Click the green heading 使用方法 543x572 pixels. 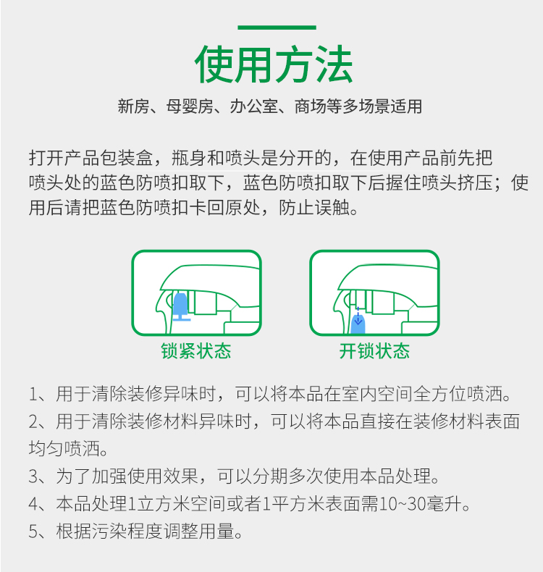(274, 64)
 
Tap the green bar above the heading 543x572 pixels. (277, 28)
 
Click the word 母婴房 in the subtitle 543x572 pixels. (190, 106)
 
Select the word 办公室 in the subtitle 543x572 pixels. (253, 106)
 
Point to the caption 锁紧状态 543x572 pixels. (196, 351)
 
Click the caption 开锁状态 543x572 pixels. (374, 351)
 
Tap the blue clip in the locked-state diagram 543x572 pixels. (181, 307)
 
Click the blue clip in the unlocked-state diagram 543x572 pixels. (358, 324)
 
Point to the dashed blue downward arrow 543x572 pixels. (358, 316)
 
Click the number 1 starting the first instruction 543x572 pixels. (33, 395)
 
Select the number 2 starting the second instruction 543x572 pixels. (33, 421)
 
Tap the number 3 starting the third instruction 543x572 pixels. (33, 476)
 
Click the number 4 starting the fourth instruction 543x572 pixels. (33, 504)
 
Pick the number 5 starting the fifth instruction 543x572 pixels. (33, 531)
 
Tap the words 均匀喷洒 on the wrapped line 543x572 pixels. (64, 449)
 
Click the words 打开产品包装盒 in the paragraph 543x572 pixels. (90, 158)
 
